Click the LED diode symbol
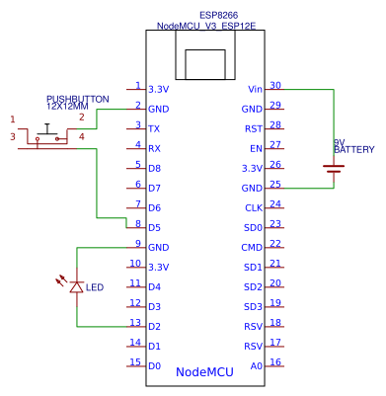click(76, 286)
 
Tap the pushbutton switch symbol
click(46, 134)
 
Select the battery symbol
click(334, 168)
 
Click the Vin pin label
click(256, 89)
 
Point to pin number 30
click(275, 85)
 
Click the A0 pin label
click(257, 365)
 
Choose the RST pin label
click(254, 128)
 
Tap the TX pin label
click(154, 128)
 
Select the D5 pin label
click(154, 227)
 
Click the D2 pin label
click(154, 326)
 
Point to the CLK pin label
click(254, 207)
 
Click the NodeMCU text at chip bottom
click(204, 372)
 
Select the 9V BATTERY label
click(353, 147)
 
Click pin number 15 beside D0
click(135, 361)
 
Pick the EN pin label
click(257, 148)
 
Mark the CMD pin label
click(253, 247)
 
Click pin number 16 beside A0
click(275, 361)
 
